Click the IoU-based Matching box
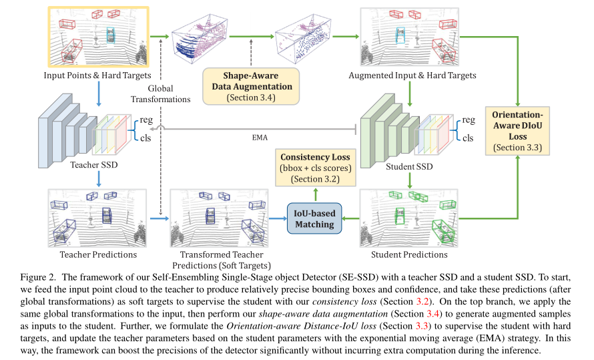(314, 218)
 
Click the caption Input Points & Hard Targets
(98, 75)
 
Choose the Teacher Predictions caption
(98, 254)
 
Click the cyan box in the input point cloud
(111, 35)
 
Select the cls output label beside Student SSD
(468, 138)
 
